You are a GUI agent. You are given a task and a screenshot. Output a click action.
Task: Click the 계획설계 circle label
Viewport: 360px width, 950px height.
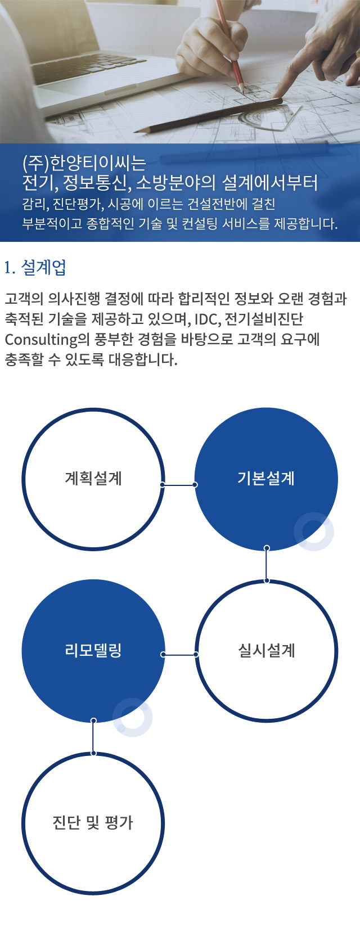tap(93, 479)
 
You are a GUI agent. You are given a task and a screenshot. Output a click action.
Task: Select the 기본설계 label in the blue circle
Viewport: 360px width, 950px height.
tap(266, 479)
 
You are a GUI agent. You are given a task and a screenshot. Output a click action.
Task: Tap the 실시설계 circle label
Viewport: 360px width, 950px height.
tap(267, 651)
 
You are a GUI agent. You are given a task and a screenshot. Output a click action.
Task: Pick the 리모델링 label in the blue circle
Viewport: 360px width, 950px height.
tap(93, 651)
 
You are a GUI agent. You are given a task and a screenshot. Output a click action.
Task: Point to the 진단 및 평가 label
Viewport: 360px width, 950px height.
tap(93, 823)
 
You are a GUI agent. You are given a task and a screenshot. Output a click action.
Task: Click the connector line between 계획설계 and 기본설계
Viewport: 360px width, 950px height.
tap(179, 484)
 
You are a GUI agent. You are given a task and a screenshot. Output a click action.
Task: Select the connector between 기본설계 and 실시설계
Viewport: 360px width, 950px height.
tap(267, 564)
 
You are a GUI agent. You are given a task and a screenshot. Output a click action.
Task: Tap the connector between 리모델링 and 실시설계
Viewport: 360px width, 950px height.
tap(179, 655)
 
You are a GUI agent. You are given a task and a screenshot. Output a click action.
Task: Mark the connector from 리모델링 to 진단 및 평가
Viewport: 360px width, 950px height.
tap(93, 737)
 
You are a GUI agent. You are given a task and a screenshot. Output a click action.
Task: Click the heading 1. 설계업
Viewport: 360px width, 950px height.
tap(35, 268)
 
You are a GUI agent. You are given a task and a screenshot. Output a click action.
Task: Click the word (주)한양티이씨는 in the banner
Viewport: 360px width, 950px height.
tap(84, 163)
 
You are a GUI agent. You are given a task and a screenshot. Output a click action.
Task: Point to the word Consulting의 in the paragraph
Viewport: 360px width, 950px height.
tap(40, 339)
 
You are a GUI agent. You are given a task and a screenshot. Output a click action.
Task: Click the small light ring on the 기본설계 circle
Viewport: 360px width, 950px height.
tap(314, 531)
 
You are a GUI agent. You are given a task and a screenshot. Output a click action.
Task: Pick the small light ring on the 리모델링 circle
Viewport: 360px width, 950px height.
tap(133, 717)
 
